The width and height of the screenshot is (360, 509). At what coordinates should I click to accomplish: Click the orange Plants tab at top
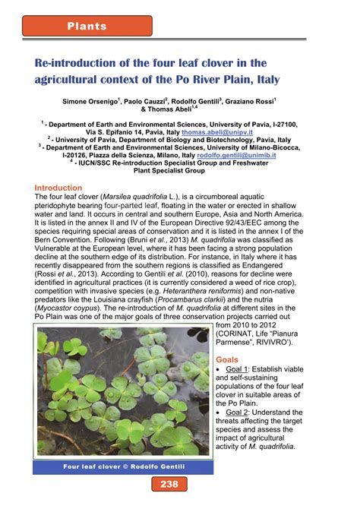[87, 27]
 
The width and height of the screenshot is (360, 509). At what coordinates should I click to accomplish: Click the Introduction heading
[59, 188]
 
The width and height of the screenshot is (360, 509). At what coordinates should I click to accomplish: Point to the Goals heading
[227, 359]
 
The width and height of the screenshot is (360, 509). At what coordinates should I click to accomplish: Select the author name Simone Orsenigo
[104, 100]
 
